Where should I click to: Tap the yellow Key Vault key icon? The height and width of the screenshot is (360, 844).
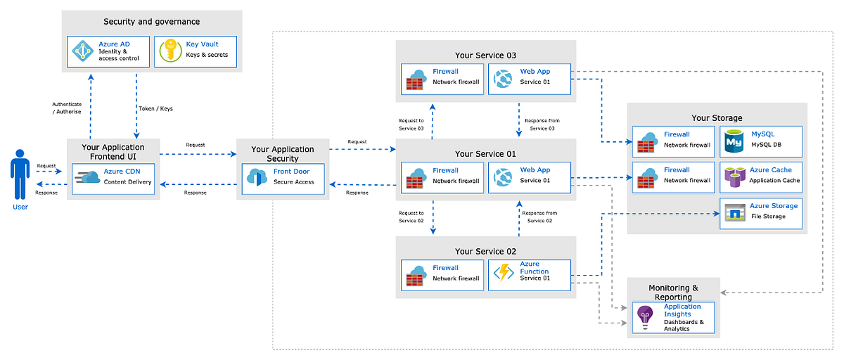170,52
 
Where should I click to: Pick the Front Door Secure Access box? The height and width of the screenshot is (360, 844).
279,177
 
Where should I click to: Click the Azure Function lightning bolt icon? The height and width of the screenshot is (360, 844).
504,274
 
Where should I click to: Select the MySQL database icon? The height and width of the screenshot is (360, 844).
734,141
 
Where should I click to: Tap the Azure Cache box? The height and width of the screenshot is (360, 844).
761,176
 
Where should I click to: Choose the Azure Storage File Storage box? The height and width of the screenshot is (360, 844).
761,211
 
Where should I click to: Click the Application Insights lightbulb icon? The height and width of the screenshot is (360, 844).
645,317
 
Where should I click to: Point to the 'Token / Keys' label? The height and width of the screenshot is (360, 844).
156,109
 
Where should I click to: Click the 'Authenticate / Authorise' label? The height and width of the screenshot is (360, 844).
67,108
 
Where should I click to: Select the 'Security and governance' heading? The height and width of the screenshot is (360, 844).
152,22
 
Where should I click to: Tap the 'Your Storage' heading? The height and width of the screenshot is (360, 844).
717,117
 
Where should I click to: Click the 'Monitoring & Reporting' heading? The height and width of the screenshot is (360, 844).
673,292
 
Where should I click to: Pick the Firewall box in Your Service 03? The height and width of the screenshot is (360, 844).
442,77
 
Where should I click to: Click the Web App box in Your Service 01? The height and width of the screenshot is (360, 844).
529,176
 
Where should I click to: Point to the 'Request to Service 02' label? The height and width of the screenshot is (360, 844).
411,217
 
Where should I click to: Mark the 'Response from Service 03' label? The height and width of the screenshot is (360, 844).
542,124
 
